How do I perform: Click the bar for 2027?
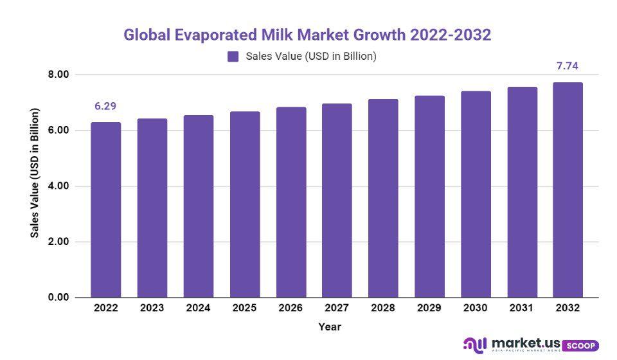337,201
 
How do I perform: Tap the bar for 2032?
568,190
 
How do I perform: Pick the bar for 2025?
245,204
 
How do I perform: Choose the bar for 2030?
476,194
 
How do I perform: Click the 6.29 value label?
105,106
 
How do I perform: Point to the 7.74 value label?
568,66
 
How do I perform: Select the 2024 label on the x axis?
198,308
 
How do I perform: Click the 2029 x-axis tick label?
429,308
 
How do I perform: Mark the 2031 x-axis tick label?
522,308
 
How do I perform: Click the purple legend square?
233,57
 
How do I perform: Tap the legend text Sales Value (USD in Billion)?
311,57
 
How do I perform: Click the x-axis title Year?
330,327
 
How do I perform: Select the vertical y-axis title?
35,174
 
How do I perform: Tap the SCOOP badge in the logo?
581,345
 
